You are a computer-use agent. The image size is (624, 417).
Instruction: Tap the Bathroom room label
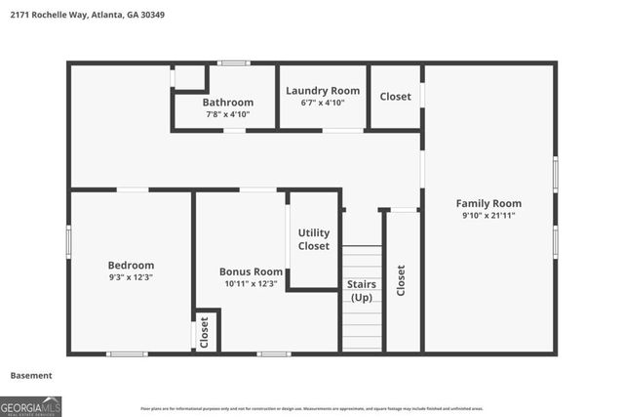pos(228,103)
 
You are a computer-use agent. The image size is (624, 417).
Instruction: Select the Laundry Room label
pos(323,90)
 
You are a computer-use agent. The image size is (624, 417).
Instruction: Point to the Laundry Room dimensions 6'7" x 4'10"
pos(323,103)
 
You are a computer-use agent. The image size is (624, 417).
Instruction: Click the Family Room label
pos(488,203)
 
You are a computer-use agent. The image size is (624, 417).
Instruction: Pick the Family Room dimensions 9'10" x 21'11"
pos(488,216)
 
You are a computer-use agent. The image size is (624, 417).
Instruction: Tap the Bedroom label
pos(131,265)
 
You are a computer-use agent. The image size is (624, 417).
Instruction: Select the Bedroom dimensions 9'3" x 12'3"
pos(131,277)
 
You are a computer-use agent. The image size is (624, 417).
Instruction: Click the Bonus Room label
pos(251,271)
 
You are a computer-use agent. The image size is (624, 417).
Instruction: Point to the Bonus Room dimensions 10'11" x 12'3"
pos(251,284)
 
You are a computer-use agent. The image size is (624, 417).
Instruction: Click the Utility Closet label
pos(314,239)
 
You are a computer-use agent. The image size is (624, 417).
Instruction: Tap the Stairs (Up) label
pos(362,291)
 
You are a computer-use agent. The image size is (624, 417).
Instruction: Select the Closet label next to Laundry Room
pos(396,97)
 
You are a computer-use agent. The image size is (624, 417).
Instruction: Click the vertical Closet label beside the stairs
pos(401,280)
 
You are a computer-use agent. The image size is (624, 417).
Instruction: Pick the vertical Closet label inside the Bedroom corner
pos(205,332)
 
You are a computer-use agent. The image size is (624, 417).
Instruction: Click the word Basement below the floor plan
pos(31,375)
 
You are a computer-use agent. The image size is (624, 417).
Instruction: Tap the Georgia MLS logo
pos(31,405)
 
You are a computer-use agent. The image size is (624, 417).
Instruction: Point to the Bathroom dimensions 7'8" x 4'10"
pos(228,114)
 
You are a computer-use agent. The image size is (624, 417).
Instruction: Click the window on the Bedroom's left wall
pos(68,241)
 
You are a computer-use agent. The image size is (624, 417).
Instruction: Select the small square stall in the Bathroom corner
pos(189,77)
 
